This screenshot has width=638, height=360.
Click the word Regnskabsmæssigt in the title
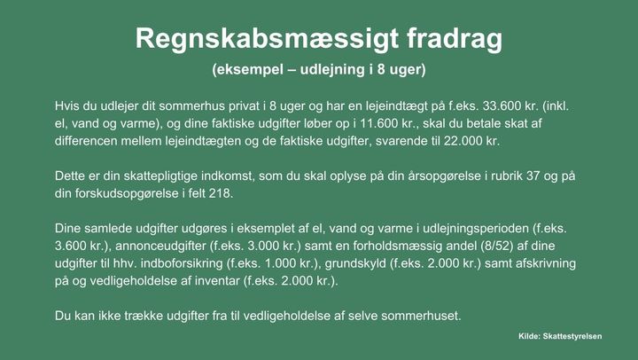click(x=267, y=40)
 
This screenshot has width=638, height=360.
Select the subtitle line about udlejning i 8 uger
click(x=319, y=70)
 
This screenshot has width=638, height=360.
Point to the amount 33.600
click(x=502, y=106)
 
